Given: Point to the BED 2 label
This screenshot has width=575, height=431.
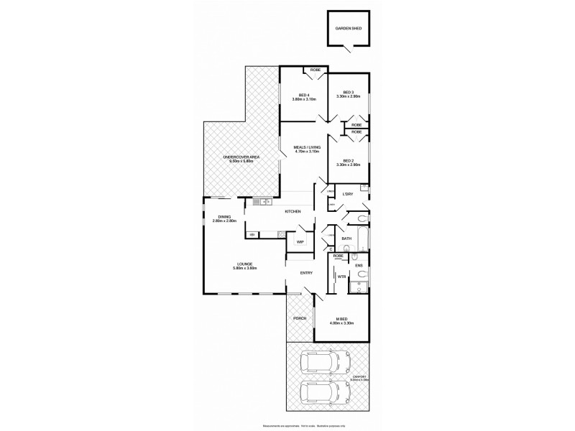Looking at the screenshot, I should point(349,162).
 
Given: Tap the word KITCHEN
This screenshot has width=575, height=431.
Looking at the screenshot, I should point(292,211).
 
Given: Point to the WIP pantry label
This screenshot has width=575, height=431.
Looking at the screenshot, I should point(300,242).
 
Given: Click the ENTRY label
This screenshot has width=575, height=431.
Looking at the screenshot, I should point(306,272).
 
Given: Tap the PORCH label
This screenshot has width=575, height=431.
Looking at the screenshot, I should point(300,318).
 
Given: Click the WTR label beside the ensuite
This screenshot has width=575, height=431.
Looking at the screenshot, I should point(341,276).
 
